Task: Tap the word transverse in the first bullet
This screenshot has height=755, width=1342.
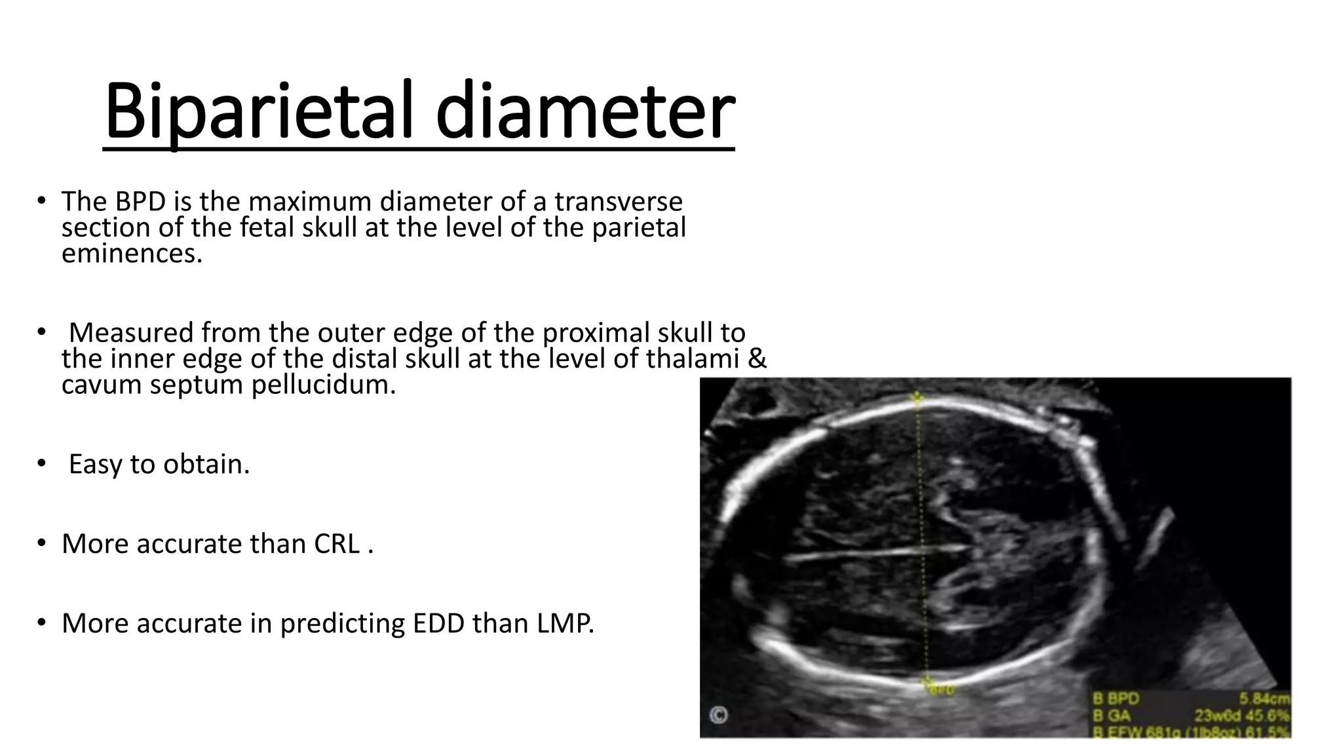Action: [619, 201]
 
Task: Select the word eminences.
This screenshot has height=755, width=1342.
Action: [132, 254]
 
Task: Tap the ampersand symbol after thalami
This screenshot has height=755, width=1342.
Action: [757, 358]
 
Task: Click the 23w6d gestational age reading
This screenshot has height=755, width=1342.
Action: [1220, 716]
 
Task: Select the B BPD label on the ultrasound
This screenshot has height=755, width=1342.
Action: [1117, 699]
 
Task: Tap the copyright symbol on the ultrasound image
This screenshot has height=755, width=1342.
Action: [719, 715]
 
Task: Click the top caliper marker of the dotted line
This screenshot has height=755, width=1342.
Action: [917, 397]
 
